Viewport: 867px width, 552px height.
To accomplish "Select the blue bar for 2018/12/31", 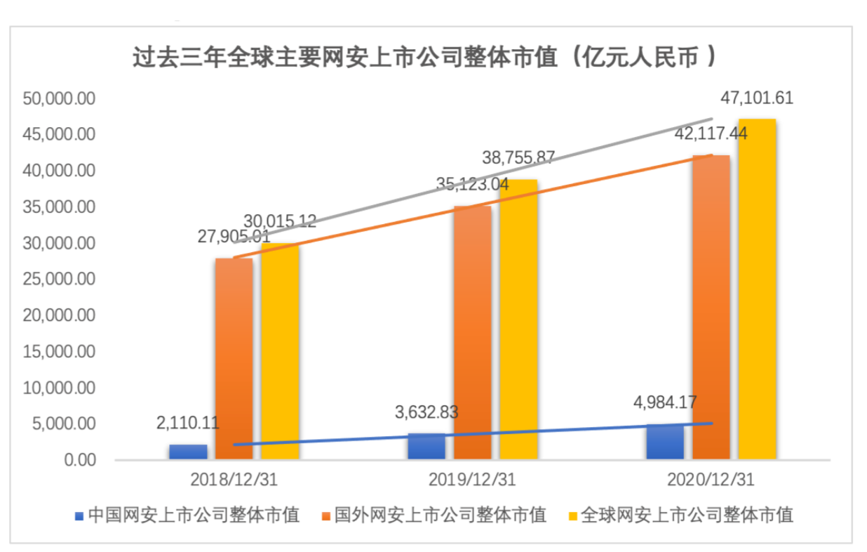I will (188, 452).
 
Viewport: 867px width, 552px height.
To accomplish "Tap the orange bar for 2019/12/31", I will (472, 334).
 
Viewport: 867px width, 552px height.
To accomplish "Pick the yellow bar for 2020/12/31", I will (757, 289).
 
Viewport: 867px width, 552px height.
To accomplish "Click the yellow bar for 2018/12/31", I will (279, 351).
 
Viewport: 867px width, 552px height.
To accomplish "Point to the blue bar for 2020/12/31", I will (664, 442).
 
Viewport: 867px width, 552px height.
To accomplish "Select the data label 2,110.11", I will (187, 423).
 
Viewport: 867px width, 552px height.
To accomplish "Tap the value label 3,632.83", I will (426, 412).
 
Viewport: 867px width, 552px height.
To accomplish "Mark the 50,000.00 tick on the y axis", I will (59, 98).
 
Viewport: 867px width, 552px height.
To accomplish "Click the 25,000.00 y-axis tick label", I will (59, 280).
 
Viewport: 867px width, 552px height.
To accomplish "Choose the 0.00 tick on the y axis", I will (76, 461).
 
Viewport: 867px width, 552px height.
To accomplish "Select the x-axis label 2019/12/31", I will (473, 480).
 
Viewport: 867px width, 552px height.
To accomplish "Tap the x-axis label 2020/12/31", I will (711, 480).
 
